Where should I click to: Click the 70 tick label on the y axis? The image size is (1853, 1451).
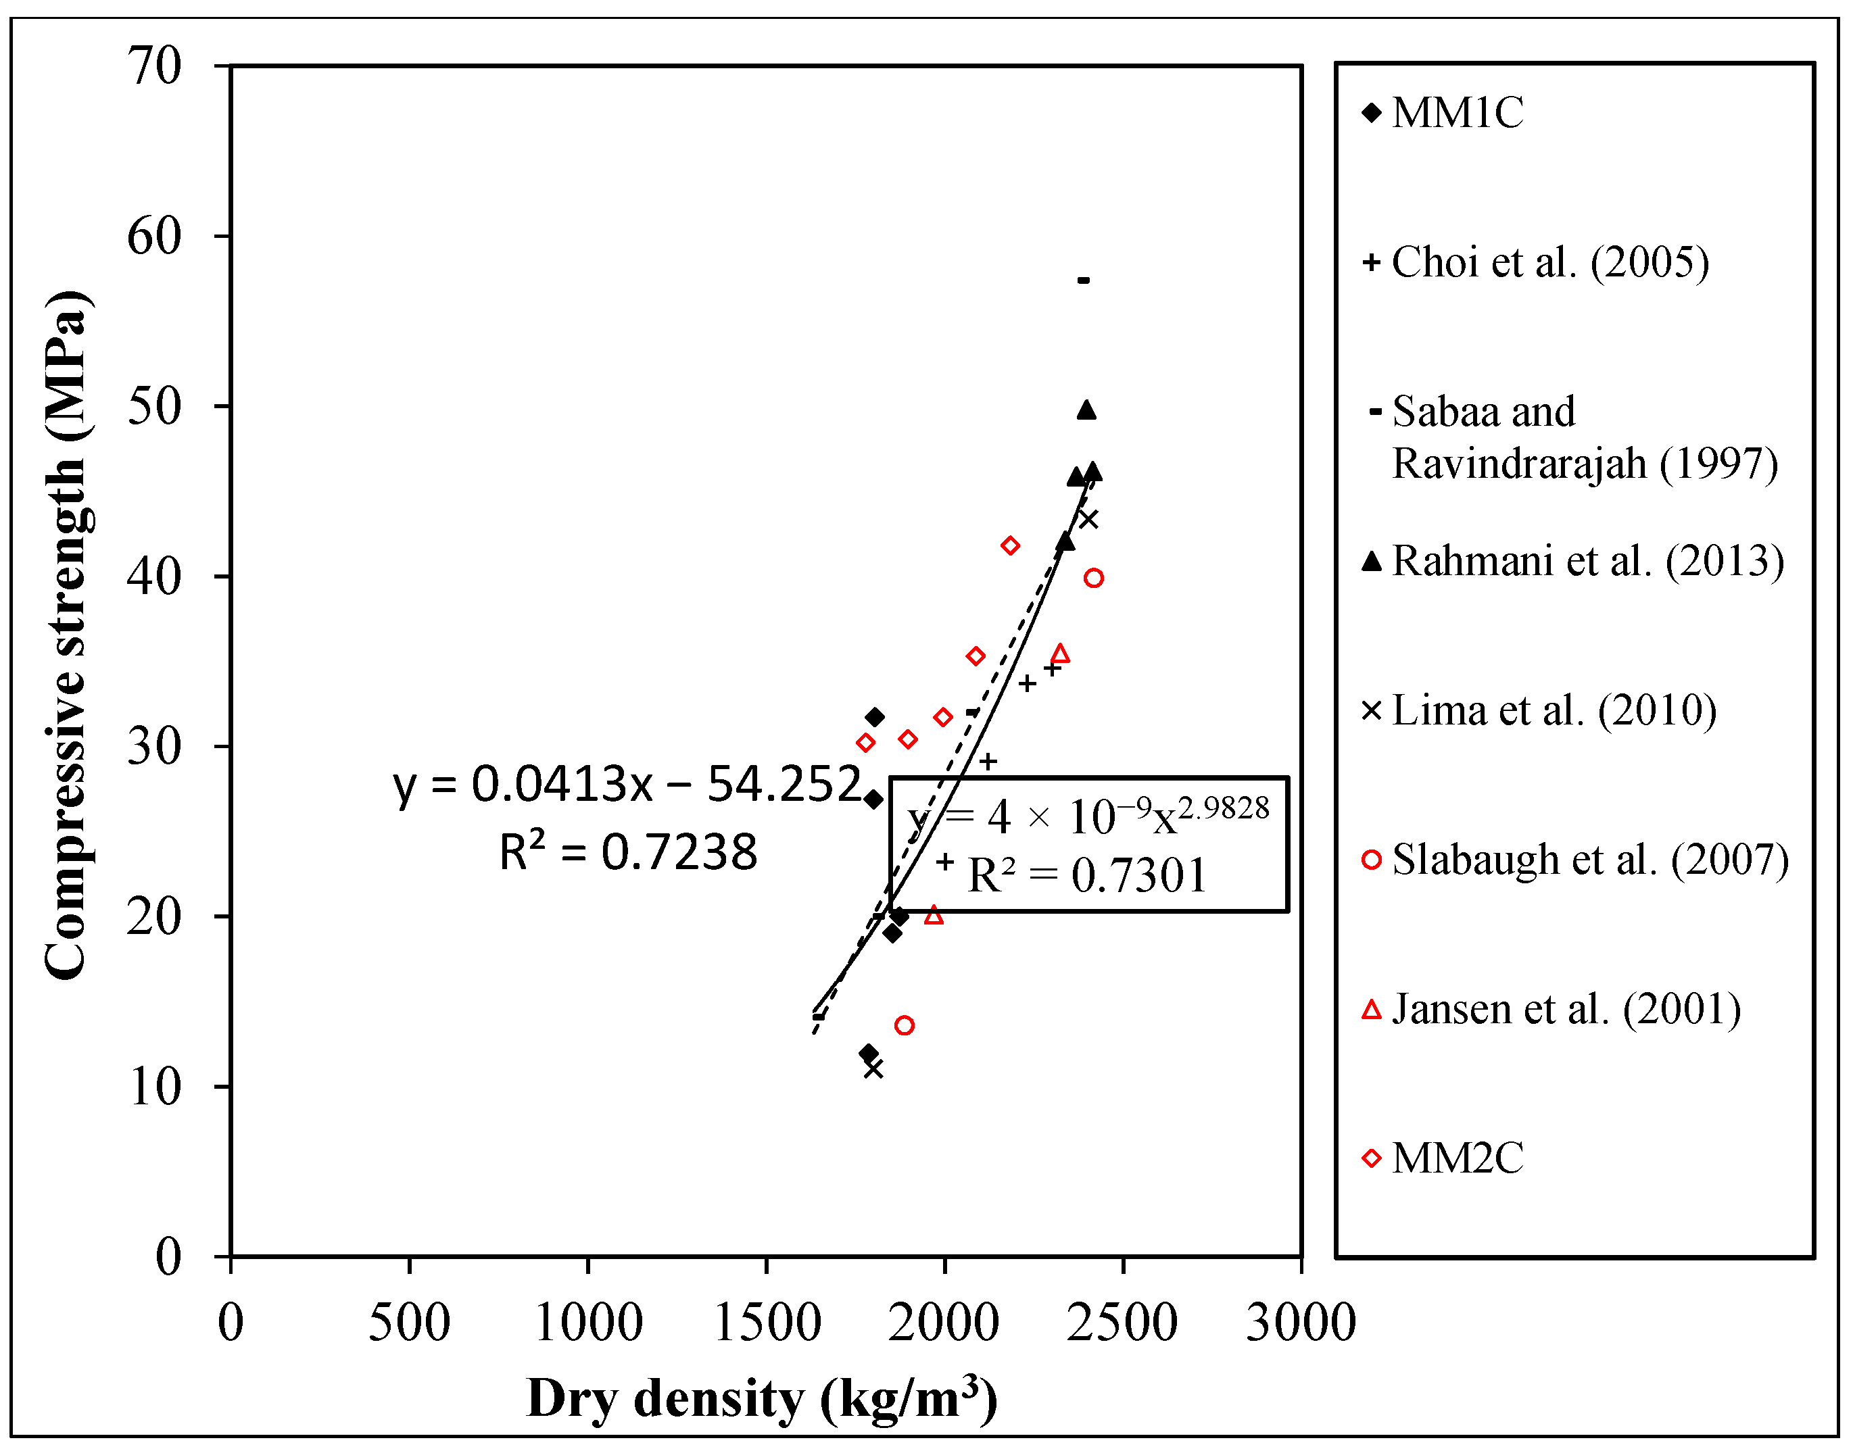tap(155, 66)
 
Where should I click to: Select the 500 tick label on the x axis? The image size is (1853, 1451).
tap(409, 1323)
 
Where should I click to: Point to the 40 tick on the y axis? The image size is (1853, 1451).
tap(155, 577)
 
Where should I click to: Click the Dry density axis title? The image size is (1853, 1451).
tap(761, 1398)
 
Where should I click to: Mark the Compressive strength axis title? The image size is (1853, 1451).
tap(66, 635)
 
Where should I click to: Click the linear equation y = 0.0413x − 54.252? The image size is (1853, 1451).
tap(627, 783)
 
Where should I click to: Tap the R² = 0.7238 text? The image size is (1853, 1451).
tap(627, 852)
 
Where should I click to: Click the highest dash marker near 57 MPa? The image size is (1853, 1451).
tap(1083, 280)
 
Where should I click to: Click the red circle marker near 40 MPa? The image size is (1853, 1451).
tap(1093, 579)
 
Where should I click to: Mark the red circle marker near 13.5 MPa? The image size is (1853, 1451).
tap(904, 1025)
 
